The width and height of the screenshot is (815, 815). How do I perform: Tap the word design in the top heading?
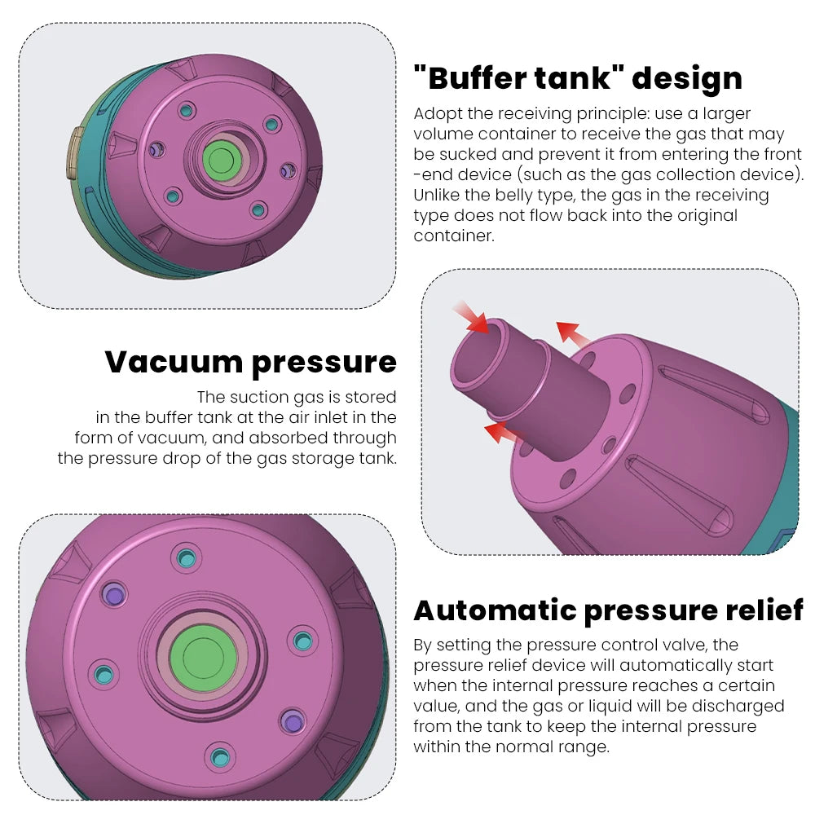pyautogui.click(x=687, y=79)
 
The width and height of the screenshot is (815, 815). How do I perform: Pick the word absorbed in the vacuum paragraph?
pyautogui.click(x=289, y=438)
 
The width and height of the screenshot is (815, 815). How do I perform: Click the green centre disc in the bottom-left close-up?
pyautogui.click(x=198, y=655)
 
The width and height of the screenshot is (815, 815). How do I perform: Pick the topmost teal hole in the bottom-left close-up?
pyautogui.click(x=187, y=558)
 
